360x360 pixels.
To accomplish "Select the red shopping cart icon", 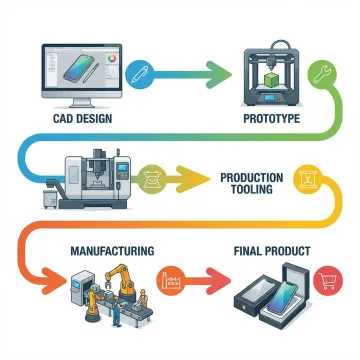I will tap(325, 283).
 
